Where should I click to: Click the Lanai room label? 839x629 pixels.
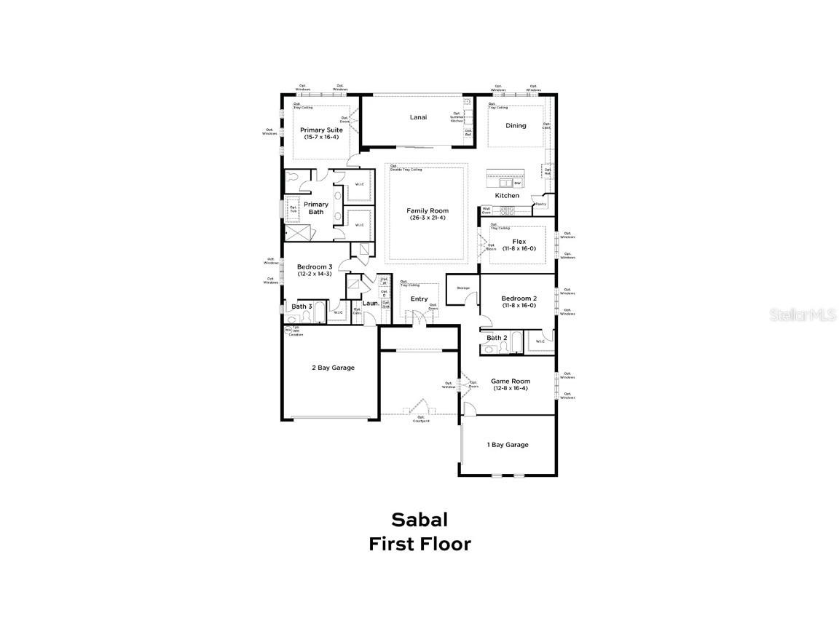tap(418, 117)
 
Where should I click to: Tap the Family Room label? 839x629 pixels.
tap(428, 211)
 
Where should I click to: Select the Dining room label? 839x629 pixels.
tap(516, 126)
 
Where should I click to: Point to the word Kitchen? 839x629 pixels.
tap(508, 195)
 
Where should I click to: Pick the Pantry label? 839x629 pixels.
tap(540, 204)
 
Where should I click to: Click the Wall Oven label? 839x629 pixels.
tap(486, 210)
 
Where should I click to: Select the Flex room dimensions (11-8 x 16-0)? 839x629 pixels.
tap(519, 249)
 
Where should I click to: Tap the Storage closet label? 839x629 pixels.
tap(462, 288)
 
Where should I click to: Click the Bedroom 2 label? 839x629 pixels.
tap(519, 298)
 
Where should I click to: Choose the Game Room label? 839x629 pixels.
tap(511, 381)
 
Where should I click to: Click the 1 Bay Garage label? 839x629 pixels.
tap(508, 444)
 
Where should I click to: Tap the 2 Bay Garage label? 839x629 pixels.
tap(333, 368)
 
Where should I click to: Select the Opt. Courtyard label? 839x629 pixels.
tap(421, 419)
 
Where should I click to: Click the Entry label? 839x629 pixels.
tap(419, 298)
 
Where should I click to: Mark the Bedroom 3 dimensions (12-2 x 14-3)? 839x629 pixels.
tap(315, 274)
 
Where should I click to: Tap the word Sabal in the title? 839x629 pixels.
tap(419, 519)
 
